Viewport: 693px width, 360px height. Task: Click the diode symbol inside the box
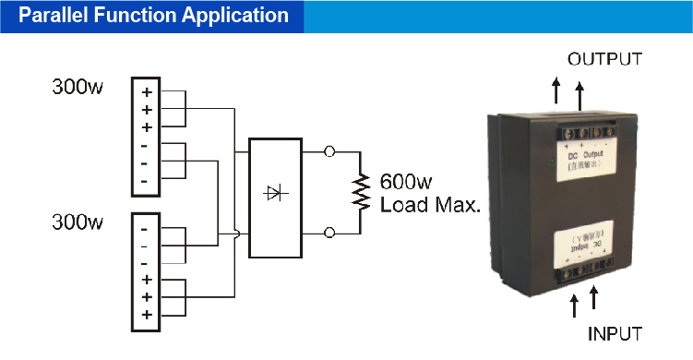point(274,193)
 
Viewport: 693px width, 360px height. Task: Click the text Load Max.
point(431,204)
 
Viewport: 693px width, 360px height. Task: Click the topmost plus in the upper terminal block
point(147,92)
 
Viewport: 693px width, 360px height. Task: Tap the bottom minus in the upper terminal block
point(146,180)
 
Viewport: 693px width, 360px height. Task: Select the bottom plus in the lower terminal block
point(147,315)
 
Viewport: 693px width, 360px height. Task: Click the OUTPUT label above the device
point(604,59)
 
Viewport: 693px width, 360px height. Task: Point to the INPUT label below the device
point(614,332)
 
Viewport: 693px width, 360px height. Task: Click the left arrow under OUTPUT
point(556,90)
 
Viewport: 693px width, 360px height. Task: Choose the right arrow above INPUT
point(594,297)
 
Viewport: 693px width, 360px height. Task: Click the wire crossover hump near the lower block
point(238,235)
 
